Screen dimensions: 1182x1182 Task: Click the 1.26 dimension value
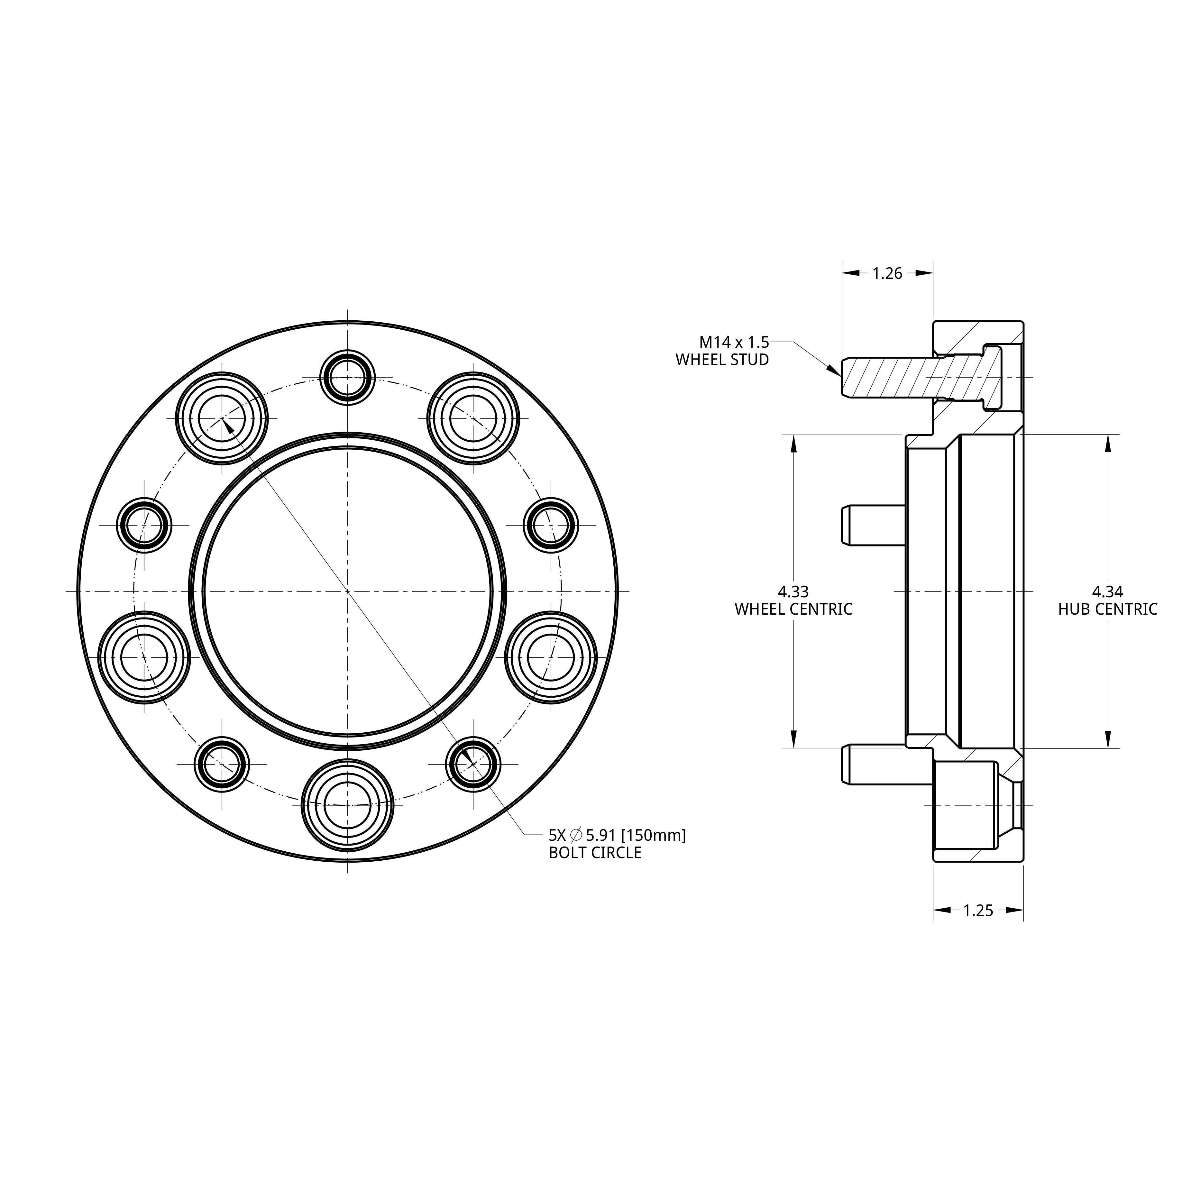[887, 273]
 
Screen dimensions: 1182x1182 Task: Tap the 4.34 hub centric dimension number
[1107, 591]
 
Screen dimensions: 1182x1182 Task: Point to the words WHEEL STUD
[722, 360]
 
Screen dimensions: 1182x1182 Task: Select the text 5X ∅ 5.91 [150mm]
[617, 835]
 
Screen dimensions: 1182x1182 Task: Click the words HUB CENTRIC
[1107, 609]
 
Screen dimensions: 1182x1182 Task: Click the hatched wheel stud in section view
[905, 378]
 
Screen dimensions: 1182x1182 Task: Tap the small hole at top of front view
[347, 378]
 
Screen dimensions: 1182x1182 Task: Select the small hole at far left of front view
[144, 525]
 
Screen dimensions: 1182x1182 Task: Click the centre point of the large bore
[347, 591]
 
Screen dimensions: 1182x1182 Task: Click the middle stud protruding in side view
[874, 525]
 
